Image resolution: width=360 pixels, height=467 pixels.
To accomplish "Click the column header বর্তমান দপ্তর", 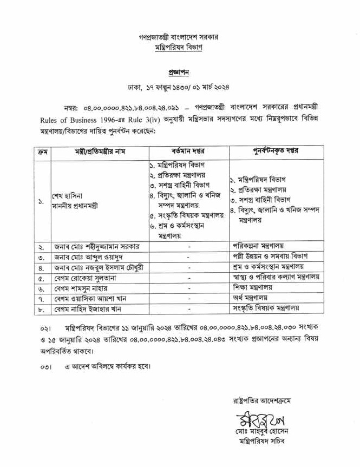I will point(188,150).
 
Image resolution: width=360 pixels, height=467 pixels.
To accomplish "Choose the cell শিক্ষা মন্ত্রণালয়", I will point(253,287).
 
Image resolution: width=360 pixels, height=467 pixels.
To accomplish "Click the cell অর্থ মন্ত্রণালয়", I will point(250,298).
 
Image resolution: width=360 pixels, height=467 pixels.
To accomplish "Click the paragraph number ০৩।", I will point(45,365).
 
